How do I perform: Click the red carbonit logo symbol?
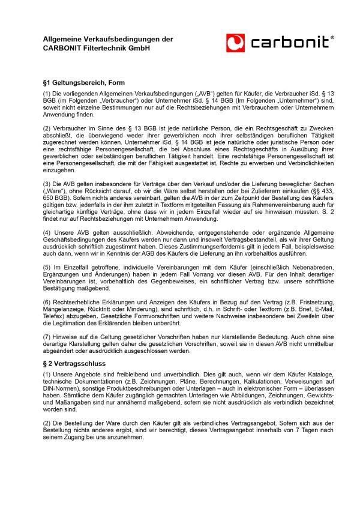coord(236,43)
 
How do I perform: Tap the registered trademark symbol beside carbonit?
coord(332,37)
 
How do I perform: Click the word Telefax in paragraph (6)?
coord(53,316)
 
